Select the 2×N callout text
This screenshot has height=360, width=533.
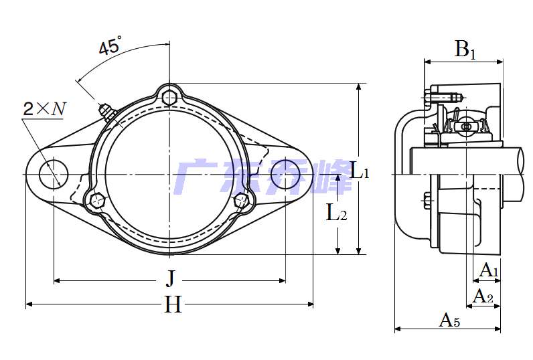pos(44,108)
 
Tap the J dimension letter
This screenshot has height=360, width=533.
pos(171,278)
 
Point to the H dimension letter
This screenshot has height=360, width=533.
pos(173,304)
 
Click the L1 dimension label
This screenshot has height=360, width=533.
pos(360,171)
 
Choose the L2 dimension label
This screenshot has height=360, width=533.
pos(337,212)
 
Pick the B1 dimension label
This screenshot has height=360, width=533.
pos(465,50)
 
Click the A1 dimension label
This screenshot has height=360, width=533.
pos(489,270)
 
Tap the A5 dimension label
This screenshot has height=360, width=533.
pos(449,320)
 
